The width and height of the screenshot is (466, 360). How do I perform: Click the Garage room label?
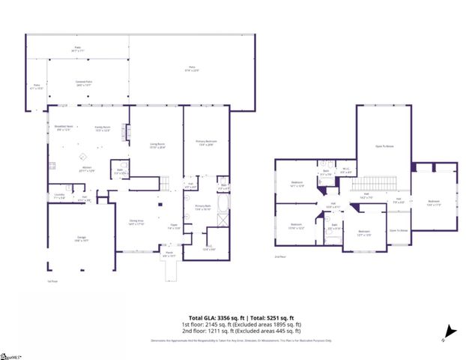click(80, 238)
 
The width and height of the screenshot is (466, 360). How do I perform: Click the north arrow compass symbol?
click(450, 331)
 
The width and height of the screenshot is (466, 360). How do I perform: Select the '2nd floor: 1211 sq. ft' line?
click(241, 330)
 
